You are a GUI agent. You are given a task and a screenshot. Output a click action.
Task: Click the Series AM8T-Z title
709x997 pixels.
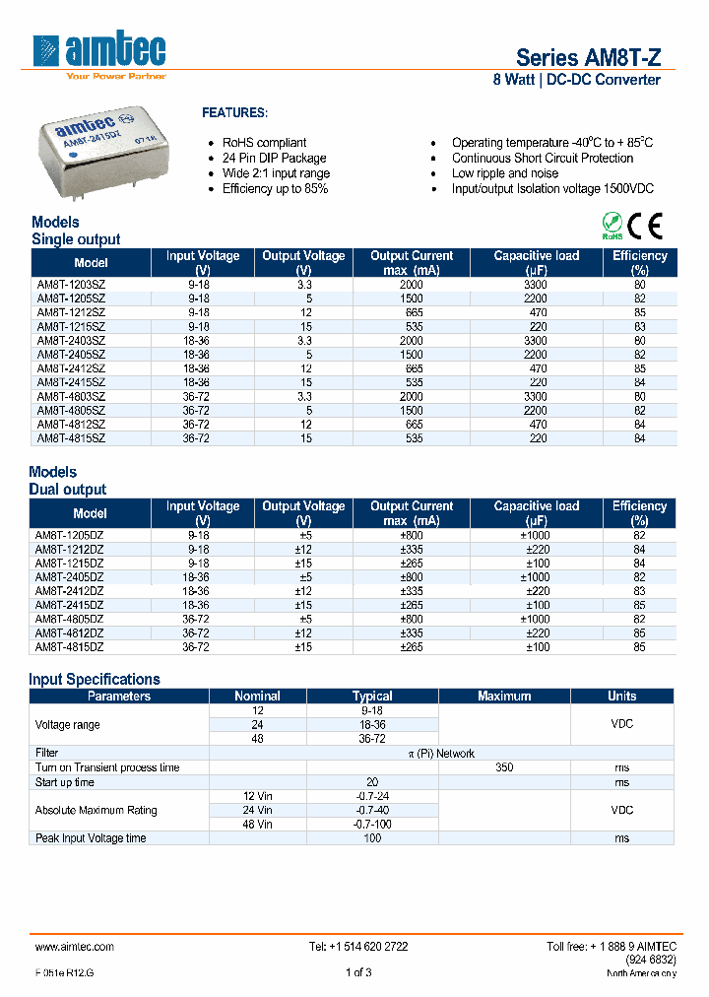(588, 57)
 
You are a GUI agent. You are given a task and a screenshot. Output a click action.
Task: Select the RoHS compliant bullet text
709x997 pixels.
(264, 143)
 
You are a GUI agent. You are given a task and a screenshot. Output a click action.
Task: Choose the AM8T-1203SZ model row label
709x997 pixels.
(71, 284)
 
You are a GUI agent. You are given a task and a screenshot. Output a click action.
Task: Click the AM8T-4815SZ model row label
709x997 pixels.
(71, 437)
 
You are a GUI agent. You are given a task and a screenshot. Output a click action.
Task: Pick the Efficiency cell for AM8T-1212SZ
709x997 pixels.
(639, 312)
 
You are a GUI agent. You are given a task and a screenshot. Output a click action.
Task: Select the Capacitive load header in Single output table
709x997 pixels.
(537, 262)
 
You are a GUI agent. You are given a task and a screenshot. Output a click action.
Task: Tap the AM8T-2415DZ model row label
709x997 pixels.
(71, 605)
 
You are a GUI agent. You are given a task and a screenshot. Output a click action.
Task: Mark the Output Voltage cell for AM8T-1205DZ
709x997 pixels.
(303, 535)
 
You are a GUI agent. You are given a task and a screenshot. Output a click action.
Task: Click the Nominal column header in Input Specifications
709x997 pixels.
(257, 696)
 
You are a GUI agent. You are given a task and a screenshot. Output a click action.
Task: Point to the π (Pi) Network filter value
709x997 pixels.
(441, 753)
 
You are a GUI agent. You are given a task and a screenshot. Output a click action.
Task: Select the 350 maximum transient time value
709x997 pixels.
(503, 767)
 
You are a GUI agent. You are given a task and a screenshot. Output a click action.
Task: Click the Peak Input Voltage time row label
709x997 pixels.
(91, 838)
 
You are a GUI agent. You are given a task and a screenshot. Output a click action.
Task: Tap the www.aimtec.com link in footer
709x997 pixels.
(75, 946)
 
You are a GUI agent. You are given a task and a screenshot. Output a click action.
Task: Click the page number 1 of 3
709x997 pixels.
(358, 972)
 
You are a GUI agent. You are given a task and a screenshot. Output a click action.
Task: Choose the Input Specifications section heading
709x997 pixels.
(95, 679)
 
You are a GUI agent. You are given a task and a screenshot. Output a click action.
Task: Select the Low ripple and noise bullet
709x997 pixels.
(505, 173)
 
